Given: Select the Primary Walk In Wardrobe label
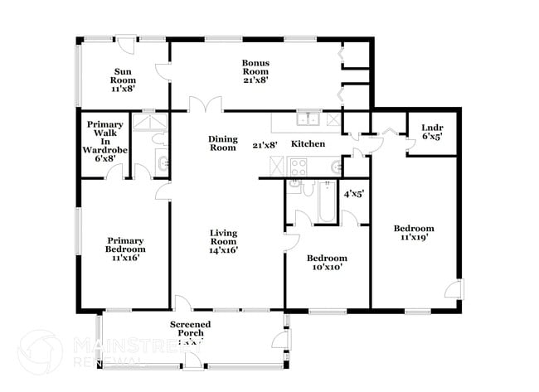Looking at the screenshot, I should point(104,142).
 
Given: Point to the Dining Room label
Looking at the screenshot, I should point(222,143).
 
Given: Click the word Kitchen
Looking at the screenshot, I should point(307,144).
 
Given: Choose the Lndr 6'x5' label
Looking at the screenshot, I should point(431,133).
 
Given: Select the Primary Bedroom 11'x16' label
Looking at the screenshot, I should point(125,250).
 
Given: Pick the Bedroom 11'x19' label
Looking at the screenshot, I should point(414,234).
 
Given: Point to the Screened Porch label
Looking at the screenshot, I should point(191,329).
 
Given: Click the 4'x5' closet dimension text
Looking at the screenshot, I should point(354,194).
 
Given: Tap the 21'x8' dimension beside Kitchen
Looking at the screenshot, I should point(265,145).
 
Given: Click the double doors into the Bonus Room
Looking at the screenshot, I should point(204,105).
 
